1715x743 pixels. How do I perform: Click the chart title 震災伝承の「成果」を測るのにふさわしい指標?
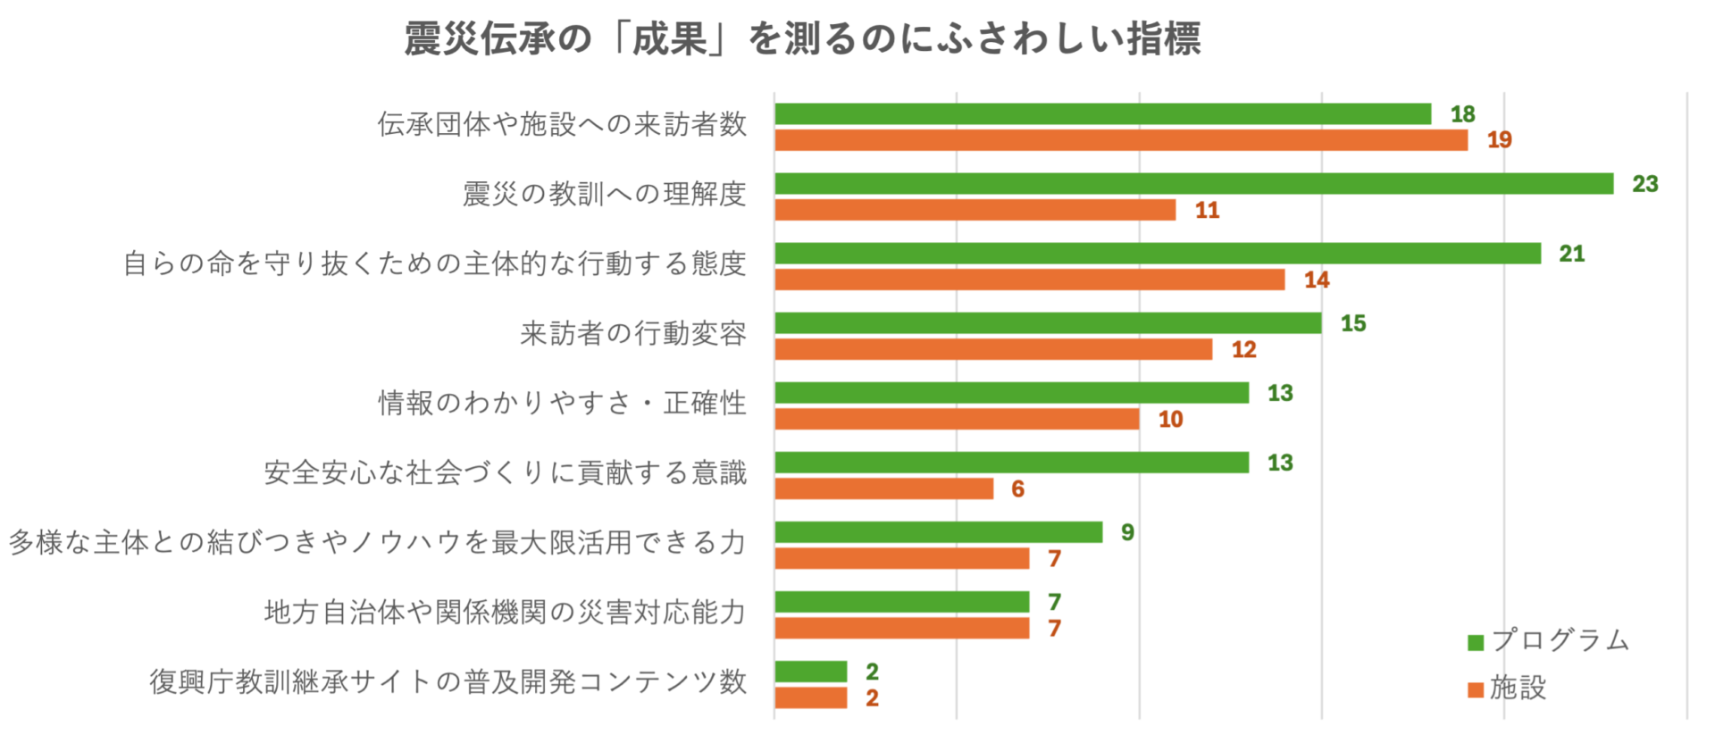[802, 39]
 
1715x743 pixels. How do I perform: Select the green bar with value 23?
[1193, 184]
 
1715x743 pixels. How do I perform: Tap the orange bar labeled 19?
[1120, 140]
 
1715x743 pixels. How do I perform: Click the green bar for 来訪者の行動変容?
[1047, 323]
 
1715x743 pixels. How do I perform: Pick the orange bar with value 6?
[883, 488]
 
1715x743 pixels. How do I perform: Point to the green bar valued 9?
[938, 532]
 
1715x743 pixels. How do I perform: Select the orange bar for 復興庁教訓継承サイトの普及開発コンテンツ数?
[810, 697]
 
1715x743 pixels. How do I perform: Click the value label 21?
[1571, 255]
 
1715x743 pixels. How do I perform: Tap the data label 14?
[1316, 280]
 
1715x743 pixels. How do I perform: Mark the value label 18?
[1462, 114]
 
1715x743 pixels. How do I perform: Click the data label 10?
[1170, 420]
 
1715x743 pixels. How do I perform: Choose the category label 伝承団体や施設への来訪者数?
[562, 124]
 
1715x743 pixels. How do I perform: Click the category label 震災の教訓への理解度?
[604, 194]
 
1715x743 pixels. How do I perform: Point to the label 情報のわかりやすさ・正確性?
[562, 403]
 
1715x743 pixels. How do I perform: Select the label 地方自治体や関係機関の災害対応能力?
[505, 612]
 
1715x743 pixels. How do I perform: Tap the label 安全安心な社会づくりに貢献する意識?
[505, 472]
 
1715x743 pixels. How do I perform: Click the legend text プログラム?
[1560, 640]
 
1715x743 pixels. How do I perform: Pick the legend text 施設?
[1518, 688]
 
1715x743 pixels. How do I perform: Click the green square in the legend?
[1476, 642]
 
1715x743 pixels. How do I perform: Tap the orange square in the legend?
[1476, 689]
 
